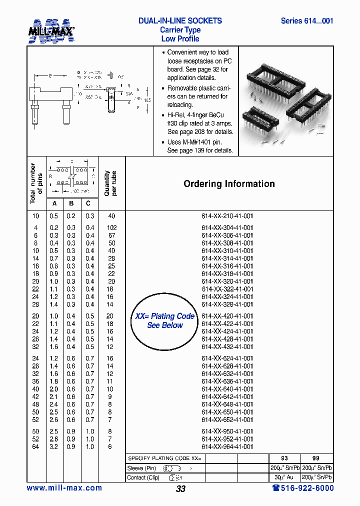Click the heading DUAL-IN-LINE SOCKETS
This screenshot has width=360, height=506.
click(180, 21)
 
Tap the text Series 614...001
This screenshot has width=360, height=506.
click(306, 21)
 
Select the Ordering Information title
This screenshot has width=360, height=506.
click(229, 184)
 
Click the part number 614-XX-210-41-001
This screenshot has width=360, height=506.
click(227, 216)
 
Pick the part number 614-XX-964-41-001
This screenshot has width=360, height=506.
click(227, 447)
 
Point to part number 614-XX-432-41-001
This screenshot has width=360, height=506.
click(227, 347)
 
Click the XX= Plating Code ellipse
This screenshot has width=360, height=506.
click(164, 321)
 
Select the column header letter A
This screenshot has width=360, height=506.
click(54, 203)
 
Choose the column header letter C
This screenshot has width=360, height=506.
click(89, 203)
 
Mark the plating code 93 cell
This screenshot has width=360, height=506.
click(284, 458)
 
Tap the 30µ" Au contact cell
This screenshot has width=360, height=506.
click(284, 477)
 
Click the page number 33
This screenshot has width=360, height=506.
click(180, 489)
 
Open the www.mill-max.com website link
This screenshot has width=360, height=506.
click(64, 488)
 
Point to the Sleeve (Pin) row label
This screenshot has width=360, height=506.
click(142, 468)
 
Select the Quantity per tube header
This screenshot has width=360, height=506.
click(110, 183)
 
